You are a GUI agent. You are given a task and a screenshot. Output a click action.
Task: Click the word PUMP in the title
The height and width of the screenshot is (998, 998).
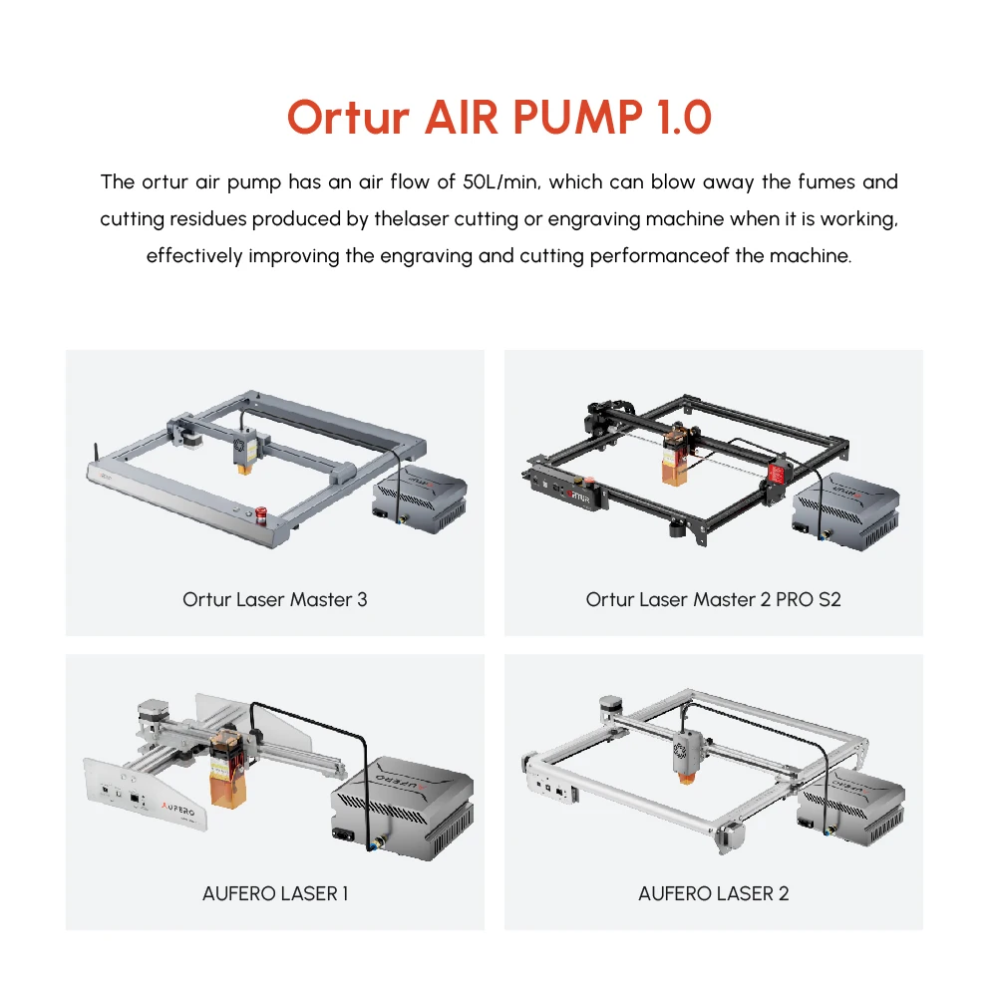579,118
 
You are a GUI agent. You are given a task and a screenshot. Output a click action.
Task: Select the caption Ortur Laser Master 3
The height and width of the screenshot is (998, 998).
274,599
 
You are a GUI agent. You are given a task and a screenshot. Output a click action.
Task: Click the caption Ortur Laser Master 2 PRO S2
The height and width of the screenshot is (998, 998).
713,599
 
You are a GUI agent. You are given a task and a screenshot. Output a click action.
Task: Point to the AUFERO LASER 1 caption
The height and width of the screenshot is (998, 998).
274,893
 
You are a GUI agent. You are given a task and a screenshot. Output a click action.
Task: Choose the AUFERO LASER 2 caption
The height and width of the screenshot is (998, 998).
713,893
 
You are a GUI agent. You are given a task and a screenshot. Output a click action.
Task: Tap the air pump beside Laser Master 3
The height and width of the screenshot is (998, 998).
420,497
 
